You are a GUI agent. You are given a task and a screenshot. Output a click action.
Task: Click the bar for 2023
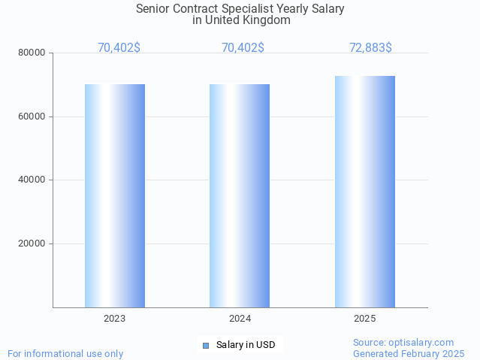(x=115, y=195)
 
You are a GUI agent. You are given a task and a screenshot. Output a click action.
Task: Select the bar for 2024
(x=240, y=195)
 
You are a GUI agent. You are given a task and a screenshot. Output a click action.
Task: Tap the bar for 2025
(x=365, y=192)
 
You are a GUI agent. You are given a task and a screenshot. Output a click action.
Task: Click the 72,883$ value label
(x=370, y=48)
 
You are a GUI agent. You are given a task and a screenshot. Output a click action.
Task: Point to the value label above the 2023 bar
(x=119, y=48)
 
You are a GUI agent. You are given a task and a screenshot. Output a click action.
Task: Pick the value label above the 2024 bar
(x=243, y=48)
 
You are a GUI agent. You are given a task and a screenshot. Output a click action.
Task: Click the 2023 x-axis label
(x=115, y=319)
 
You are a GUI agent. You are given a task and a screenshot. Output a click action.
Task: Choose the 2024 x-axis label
(x=240, y=319)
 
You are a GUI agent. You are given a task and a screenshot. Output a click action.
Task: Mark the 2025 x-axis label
(x=365, y=319)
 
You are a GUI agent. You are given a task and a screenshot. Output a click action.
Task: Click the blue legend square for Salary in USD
(x=206, y=346)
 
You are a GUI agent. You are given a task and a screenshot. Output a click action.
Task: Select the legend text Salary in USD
(x=246, y=346)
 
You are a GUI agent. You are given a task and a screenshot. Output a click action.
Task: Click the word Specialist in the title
(x=261, y=9)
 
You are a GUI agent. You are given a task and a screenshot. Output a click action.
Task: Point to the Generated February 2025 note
(x=409, y=353)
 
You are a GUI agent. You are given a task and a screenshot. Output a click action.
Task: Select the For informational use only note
(x=65, y=353)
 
